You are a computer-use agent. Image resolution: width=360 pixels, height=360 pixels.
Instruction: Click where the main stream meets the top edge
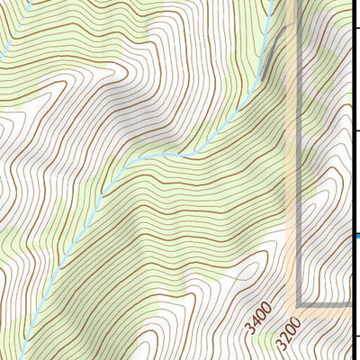click(x=271, y=2)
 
